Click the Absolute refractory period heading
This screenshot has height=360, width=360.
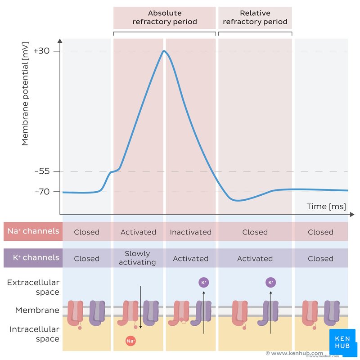tap(165, 18)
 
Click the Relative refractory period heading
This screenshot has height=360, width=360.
tap(255, 18)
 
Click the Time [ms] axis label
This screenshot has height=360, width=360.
tap(326, 206)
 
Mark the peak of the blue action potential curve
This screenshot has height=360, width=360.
tap(164, 51)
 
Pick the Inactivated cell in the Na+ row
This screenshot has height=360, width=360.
tap(190, 232)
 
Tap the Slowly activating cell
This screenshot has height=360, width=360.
tap(138, 258)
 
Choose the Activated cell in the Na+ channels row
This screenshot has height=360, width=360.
tap(138, 232)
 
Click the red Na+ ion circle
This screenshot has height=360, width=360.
tap(130, 341)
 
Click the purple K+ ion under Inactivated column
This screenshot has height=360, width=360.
tap(203, 283)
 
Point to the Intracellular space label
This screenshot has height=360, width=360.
tap(34, 334)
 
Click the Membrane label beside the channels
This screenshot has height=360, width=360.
tap(37, 310)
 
